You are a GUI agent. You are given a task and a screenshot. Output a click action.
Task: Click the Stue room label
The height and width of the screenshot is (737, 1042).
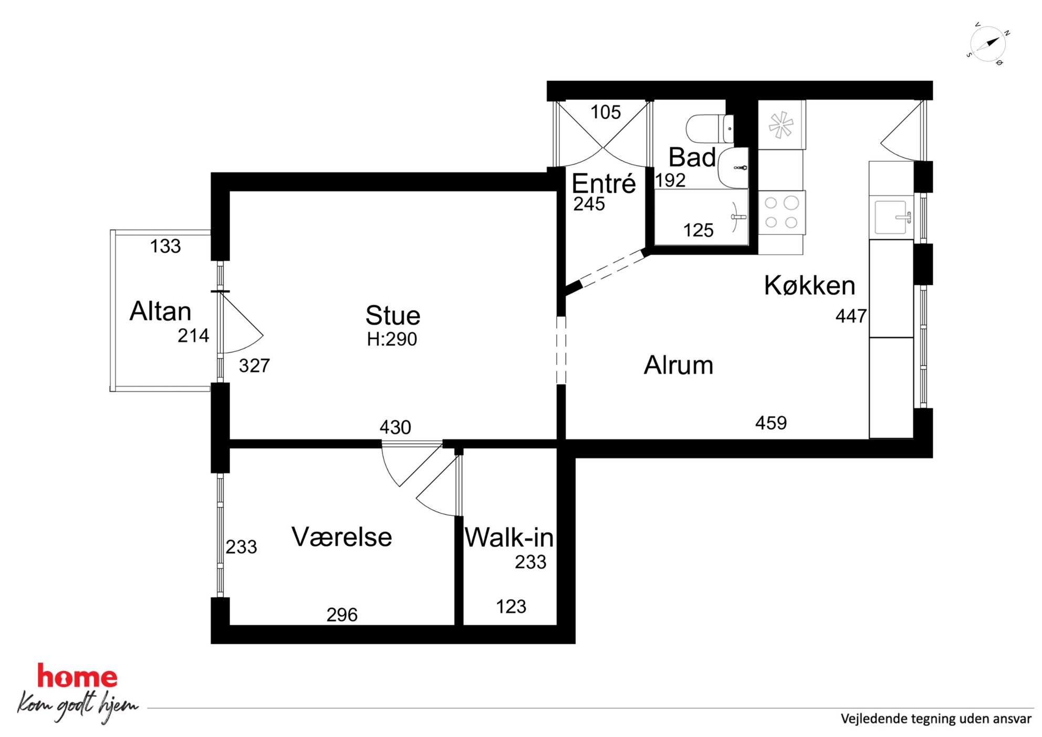coord(393,315)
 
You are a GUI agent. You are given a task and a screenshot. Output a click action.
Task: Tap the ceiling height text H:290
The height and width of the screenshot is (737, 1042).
coord(392,339)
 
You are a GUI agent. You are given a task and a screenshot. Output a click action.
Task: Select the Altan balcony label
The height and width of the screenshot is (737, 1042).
coord(160,311)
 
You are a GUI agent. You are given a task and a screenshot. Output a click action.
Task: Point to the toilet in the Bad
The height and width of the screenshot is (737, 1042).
coord(710,129)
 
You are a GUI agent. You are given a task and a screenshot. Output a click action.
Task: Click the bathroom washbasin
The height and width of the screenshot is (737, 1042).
coord(733,168)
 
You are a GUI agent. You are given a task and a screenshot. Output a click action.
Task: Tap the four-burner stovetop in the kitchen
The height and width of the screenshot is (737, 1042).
coord(781,212)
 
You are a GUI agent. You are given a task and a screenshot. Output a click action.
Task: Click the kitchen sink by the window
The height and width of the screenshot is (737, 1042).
coord(892,217)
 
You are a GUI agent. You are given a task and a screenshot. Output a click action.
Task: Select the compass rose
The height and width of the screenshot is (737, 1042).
coord(988,44)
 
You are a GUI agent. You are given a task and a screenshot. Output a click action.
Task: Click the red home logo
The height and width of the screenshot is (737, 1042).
coord(77,676)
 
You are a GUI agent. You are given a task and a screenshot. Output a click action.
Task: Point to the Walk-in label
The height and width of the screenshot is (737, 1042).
coord(509,537)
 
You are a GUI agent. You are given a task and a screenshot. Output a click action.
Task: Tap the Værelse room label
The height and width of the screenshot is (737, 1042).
coord(342,537)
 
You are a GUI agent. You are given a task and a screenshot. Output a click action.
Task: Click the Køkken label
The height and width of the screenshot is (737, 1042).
coord(809,285)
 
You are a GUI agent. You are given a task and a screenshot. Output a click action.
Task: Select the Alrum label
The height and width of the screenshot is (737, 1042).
coord(679,365)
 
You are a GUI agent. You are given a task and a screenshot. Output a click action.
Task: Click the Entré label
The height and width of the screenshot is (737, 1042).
coord(603,183)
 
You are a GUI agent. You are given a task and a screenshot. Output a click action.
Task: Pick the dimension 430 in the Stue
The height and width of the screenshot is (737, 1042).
coord(395,427)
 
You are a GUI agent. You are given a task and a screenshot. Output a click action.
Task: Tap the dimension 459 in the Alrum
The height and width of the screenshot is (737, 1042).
coord(771,423)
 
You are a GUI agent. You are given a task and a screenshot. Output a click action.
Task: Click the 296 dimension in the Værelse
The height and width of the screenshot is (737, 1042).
coord(342,615)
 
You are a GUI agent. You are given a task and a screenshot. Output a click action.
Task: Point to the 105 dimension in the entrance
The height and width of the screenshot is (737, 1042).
coord(606,112)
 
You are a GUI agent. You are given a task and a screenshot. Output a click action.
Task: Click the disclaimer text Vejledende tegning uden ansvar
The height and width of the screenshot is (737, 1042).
coord(936,719)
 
